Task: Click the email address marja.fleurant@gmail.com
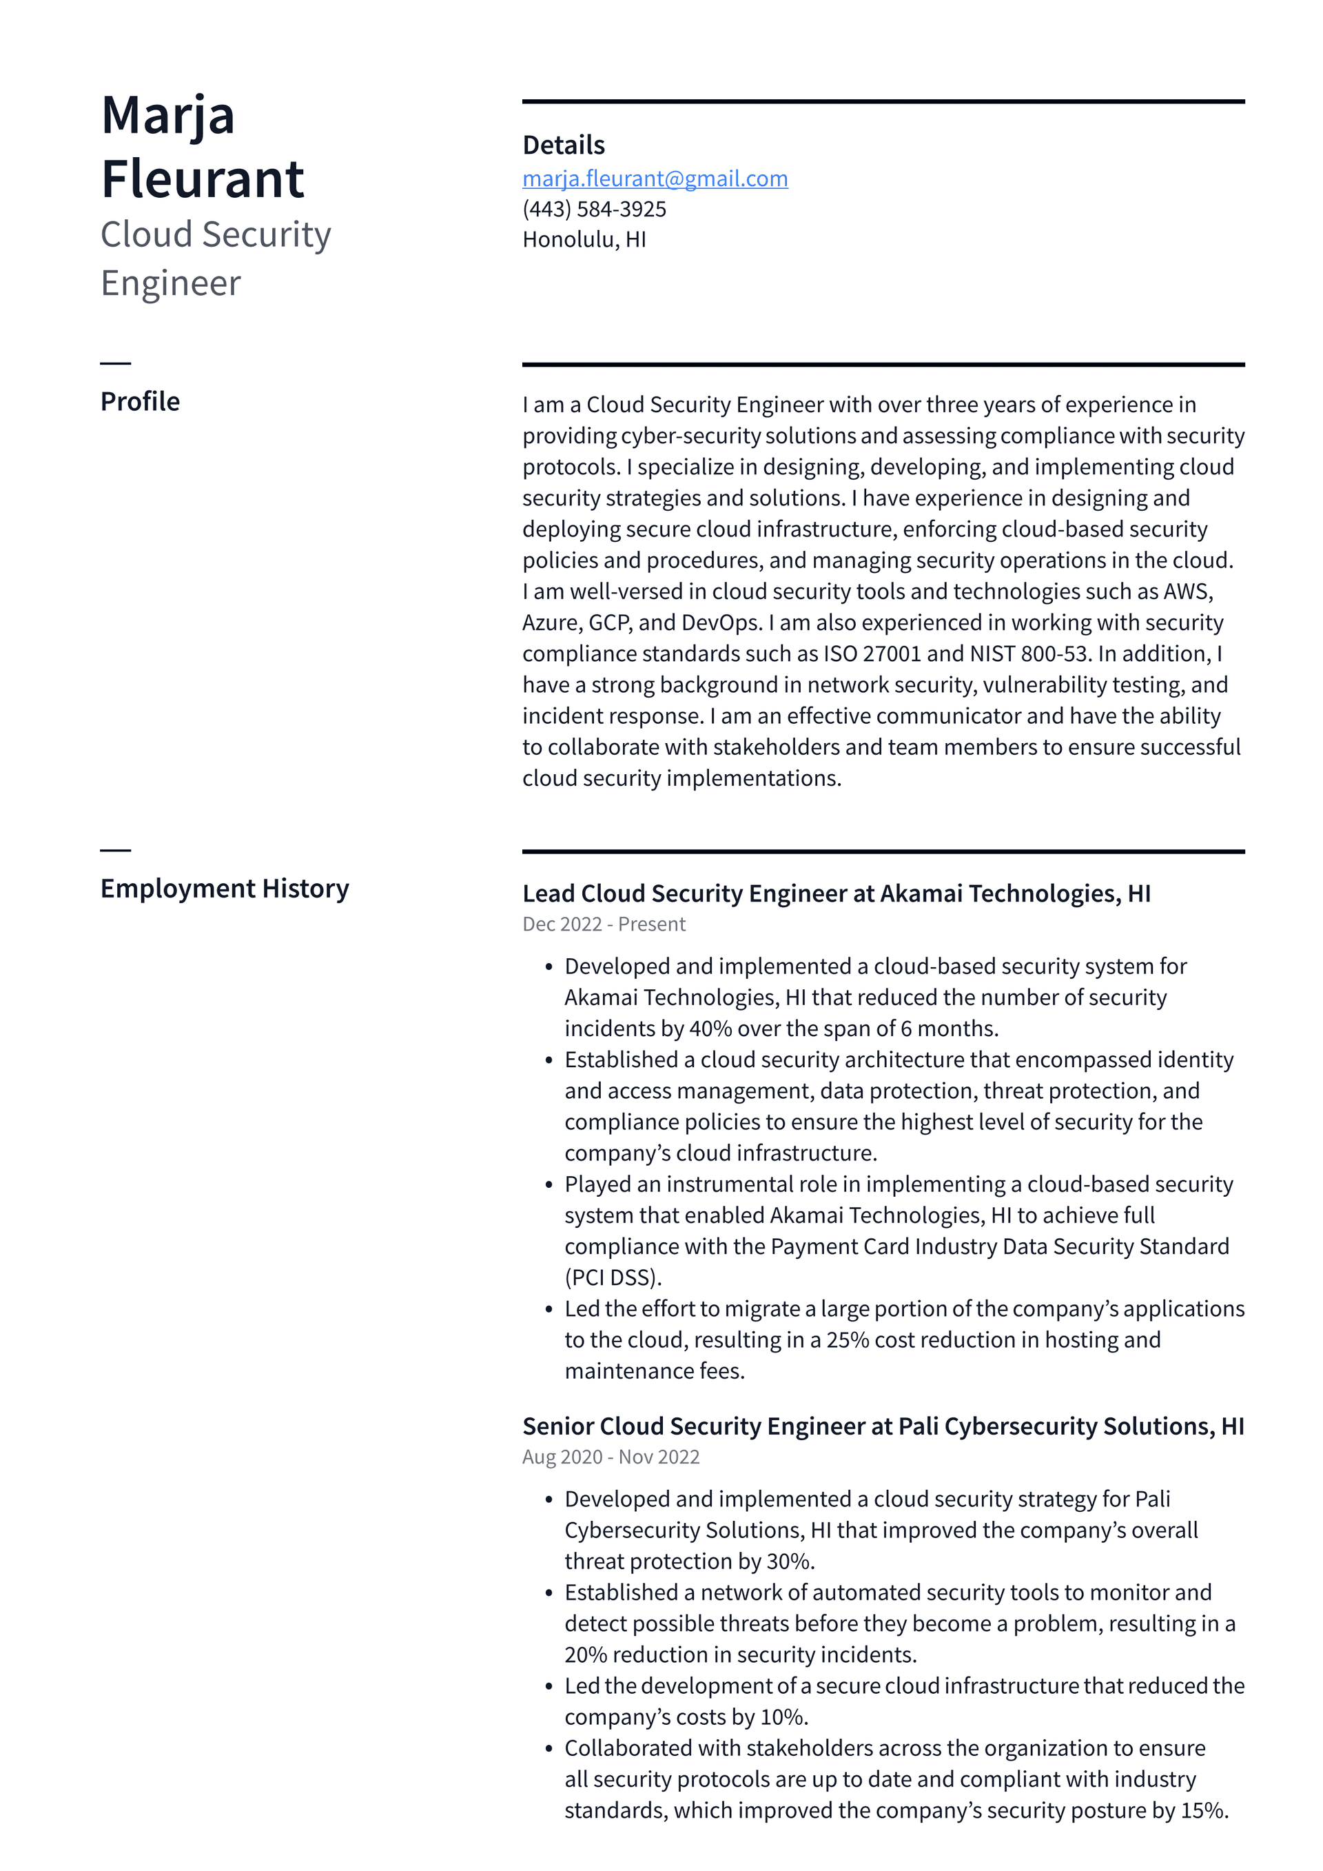pos(655,179)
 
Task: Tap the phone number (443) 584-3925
pos(594,210)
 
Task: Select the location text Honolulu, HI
pos(584,240)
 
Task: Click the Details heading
pos(563,145)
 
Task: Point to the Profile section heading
pos(140,401)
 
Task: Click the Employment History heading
pos(224,887)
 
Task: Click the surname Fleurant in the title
pos(202,179)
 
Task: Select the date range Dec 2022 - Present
pos(604,924)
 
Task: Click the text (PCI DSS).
pos(613,1277)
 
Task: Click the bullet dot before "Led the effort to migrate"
pos(548,1310)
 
